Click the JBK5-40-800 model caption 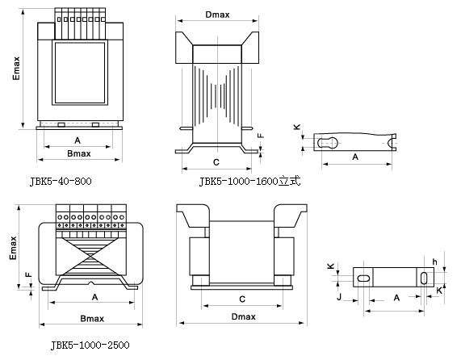(61, 181)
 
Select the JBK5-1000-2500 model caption (90, 345)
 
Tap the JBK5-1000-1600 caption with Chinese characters (250, 181)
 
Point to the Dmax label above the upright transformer (217, 15)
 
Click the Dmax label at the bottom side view (244, 316)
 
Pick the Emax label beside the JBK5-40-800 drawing (16, 68)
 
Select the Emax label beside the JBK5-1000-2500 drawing (13, 248)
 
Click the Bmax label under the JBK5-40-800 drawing (79, 153)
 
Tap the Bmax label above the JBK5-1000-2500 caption (92, 319)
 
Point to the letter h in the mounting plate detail (434, 262)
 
